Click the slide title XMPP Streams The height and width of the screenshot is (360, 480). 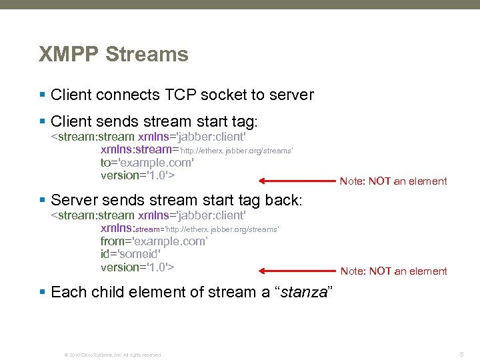click(x=113, y=54)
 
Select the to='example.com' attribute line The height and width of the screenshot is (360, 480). click(x=147, y=163)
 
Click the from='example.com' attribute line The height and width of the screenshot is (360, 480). click(x=154, y=241)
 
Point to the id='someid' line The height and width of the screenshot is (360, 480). click(x=131, y=254)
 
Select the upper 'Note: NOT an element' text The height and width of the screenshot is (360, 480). click(x=393, y=181)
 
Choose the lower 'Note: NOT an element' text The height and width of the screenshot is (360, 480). click(x=393, y=271)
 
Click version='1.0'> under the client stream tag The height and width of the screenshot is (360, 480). click(x=137, y=175)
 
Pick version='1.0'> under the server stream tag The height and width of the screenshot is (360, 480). click(x=137, y=267)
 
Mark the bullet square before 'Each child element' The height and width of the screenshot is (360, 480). click(x=43, y=292)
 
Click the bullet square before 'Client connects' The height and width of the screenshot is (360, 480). click(x=43, y=95)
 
